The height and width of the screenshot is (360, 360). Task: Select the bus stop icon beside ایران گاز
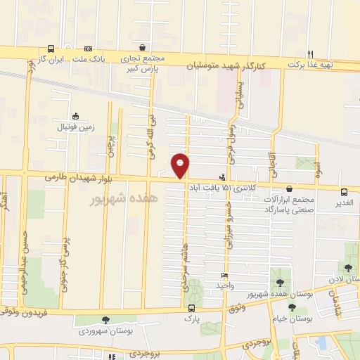pos(51,49)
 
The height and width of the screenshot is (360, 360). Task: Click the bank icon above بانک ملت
pos(88,49)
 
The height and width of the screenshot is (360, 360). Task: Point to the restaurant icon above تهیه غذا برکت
pos(310,53)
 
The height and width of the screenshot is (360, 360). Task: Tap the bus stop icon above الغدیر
pos(344,192)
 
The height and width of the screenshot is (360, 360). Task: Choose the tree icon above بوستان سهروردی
pos(106,320)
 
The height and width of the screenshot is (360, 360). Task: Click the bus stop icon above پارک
pos(191,309)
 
